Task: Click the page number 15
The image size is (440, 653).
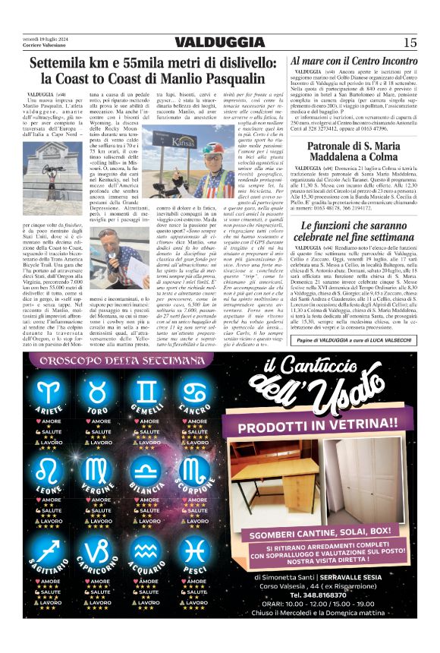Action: click(x=410, y=42)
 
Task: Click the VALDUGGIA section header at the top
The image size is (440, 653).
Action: click(x=219, y=42)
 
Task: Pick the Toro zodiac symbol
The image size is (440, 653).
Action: click(x=98, y=392)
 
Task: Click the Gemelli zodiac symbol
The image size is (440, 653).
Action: click(x=146, y=392)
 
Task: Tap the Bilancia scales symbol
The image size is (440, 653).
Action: click(x=146, y=468)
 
